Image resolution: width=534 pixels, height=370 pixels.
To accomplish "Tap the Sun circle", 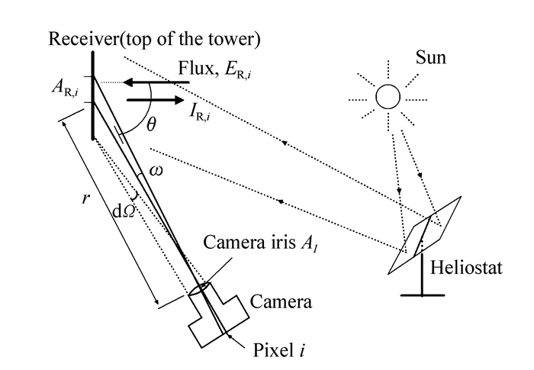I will pos(387,98).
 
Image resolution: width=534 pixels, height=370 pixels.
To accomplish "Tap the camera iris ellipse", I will pos(200,289).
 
